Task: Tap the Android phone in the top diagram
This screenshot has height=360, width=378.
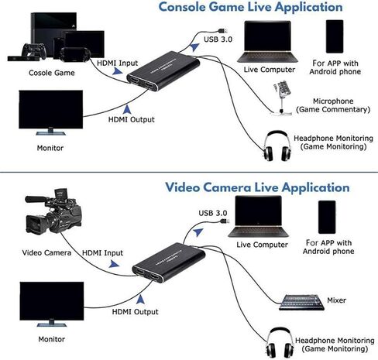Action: click(x=335, y=36)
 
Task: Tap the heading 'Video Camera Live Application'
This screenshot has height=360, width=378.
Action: click(x=256, y=187)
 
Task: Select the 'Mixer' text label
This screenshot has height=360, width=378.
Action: click(x=335, y=300)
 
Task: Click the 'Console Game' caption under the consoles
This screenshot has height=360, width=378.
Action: click(x=51, y=73)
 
